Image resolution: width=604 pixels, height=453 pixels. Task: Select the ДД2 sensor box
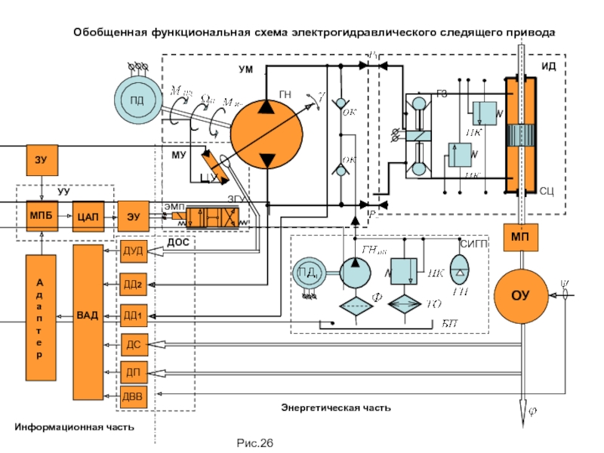(133, 284)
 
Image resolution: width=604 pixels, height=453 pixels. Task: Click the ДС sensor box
(133, 345)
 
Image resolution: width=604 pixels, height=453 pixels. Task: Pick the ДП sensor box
(133, 372)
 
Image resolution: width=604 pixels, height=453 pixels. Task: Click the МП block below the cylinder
(521, 236)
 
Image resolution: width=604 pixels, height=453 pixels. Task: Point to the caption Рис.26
(254, 442)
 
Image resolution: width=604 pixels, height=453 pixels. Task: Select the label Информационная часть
(74, 427)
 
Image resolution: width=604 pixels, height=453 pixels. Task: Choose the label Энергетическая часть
(336, 408)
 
